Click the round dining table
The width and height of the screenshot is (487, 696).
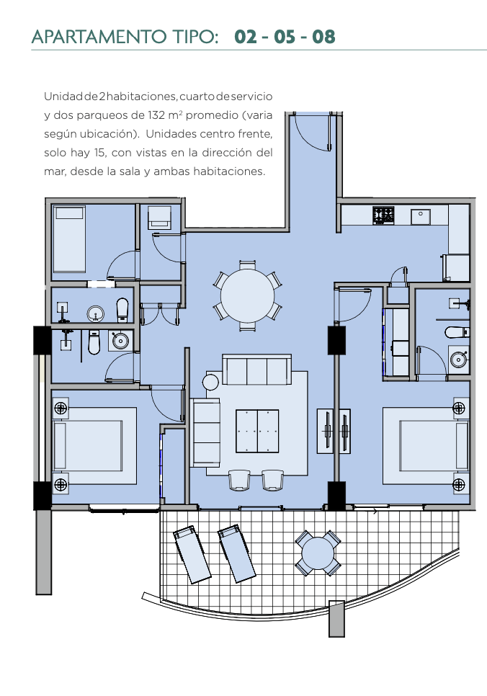point(247,295)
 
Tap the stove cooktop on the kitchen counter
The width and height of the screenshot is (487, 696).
point(383,215)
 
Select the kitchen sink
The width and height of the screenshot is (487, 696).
point(420,217)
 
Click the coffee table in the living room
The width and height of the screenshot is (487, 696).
point(257,431)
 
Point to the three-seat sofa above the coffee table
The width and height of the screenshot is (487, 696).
point(257,370)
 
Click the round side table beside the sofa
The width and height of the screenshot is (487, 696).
point(210,382)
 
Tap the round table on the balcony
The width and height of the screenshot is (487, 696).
point(318,553)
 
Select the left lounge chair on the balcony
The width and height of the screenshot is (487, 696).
point(192,554)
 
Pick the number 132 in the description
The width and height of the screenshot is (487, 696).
point(156,115)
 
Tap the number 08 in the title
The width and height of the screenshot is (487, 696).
point(323,37)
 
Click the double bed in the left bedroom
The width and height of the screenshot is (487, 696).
point(94,445)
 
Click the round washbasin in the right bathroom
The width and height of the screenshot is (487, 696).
point(459,359)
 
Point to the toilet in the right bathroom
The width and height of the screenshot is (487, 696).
point(457,332)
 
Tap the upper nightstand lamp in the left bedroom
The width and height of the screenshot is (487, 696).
point(61,408)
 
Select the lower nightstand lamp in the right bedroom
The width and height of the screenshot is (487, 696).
point(459,484)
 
